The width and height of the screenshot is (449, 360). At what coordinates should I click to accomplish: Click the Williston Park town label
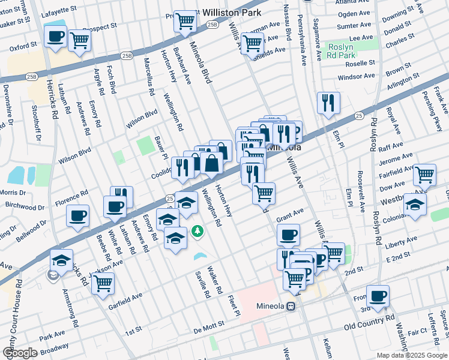[x=229, y=12]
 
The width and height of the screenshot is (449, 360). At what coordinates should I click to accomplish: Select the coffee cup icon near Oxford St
[x=55, y=37]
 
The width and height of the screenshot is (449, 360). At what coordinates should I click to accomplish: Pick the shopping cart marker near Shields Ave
[x=252, y=43]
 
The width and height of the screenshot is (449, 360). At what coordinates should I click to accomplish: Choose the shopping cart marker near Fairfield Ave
[x=424, y=175]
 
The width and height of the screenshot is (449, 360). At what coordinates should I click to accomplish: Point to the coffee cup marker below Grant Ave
[x=288, y=235]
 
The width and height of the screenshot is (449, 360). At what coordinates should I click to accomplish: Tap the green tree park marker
[x=197, y=230]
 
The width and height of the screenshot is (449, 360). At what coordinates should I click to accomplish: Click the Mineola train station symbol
[x=291, y=306]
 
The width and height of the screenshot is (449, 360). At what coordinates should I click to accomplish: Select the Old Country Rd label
[x=369, y=325]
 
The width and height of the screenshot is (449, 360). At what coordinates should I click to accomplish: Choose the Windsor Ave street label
[x=356, y=77]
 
